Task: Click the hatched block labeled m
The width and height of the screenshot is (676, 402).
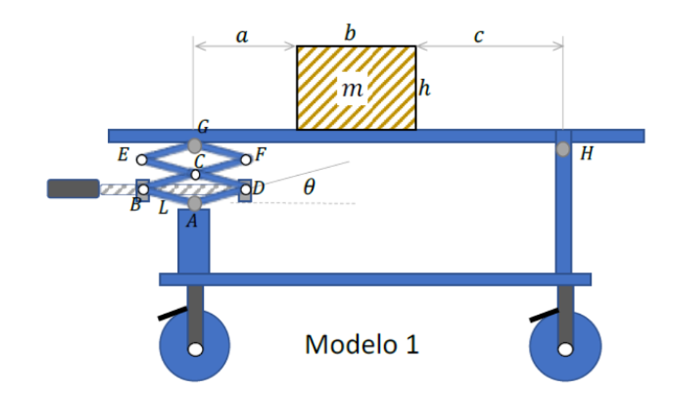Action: tap(356, 88)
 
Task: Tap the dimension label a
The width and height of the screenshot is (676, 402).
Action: tap(243, 36)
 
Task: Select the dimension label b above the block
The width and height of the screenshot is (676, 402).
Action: tap(350, 33)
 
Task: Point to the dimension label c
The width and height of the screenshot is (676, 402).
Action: tap(479, 36)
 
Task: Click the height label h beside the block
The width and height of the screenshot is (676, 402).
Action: tap(425, 89)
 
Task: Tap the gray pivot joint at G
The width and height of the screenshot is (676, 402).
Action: tap(195, 146)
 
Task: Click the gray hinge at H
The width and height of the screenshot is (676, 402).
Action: tap(562, 150)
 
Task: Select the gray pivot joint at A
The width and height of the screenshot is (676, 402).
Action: tap(194, 204)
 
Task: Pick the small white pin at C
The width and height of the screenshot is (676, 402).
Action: tap(195, 174)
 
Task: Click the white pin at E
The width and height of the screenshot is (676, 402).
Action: tap(143, 159)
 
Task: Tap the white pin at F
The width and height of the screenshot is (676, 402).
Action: tap(246, 159)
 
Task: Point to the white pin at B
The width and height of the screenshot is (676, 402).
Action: tap(143, 189)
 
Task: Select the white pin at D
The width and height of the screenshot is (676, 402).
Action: tap(246, 189)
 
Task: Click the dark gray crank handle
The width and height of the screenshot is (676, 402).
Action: tap(73, 189)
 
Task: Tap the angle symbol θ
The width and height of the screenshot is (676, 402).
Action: tap(309, 188)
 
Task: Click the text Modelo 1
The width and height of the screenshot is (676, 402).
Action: tap(362, 344)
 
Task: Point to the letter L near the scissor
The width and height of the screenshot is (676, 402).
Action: tap(164, 208)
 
